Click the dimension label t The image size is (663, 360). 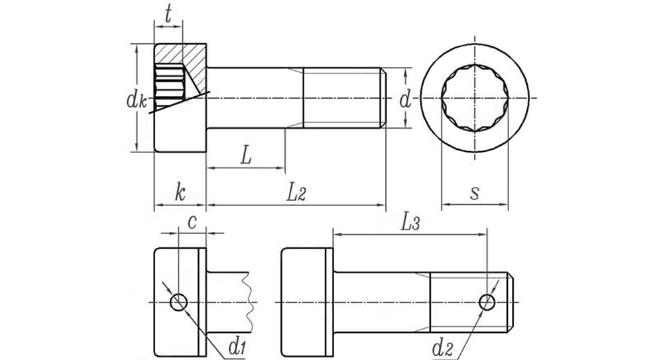pyautogui.click(x=168, y=15)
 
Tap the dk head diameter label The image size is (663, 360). pyautogui.click(x=136, y=100)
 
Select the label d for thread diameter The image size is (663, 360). pyautogui.click(x=405, y=100)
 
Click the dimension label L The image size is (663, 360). pyautogui.click(x=246, y=155)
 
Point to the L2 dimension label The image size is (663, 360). pyautogui.click(x=296, y=193)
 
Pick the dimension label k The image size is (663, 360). pyautogui.click(x=180, y=193)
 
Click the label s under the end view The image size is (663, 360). pyautogui.click(x=475, y=194)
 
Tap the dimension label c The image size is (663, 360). pyautogui.click(x=192, y=223)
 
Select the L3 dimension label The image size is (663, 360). pyautogui.click(x=410, y=222)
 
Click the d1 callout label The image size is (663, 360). pyautogui.click(x=237, y=347)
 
